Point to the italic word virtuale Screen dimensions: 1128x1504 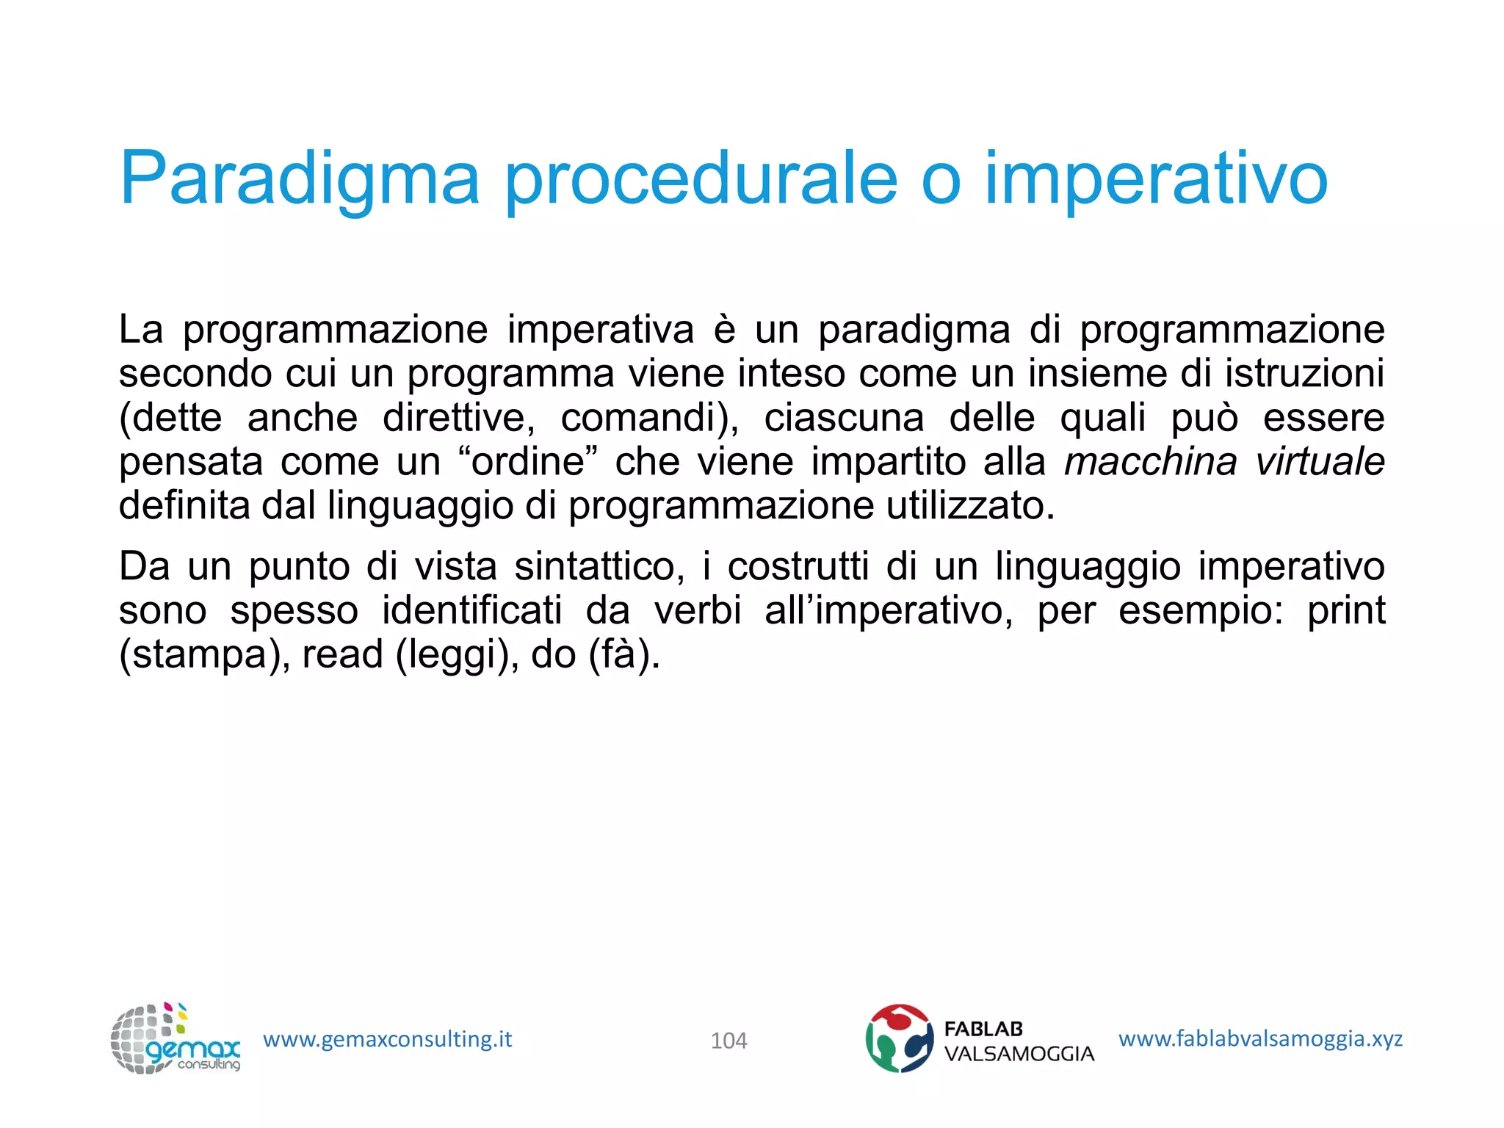[x=1320, y=462]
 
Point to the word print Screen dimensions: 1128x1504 [x=1345, y=611]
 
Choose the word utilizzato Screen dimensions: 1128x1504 [x=969, y=506]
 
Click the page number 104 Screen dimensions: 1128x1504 [x=728, y=1041]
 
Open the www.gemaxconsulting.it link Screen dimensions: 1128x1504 [x=387, y=1039]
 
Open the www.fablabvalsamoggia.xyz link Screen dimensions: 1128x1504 [x=1260, y=1038]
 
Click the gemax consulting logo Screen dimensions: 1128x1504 [x=175, y=1039]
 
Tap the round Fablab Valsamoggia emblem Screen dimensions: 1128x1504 [x=899, y=1038]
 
